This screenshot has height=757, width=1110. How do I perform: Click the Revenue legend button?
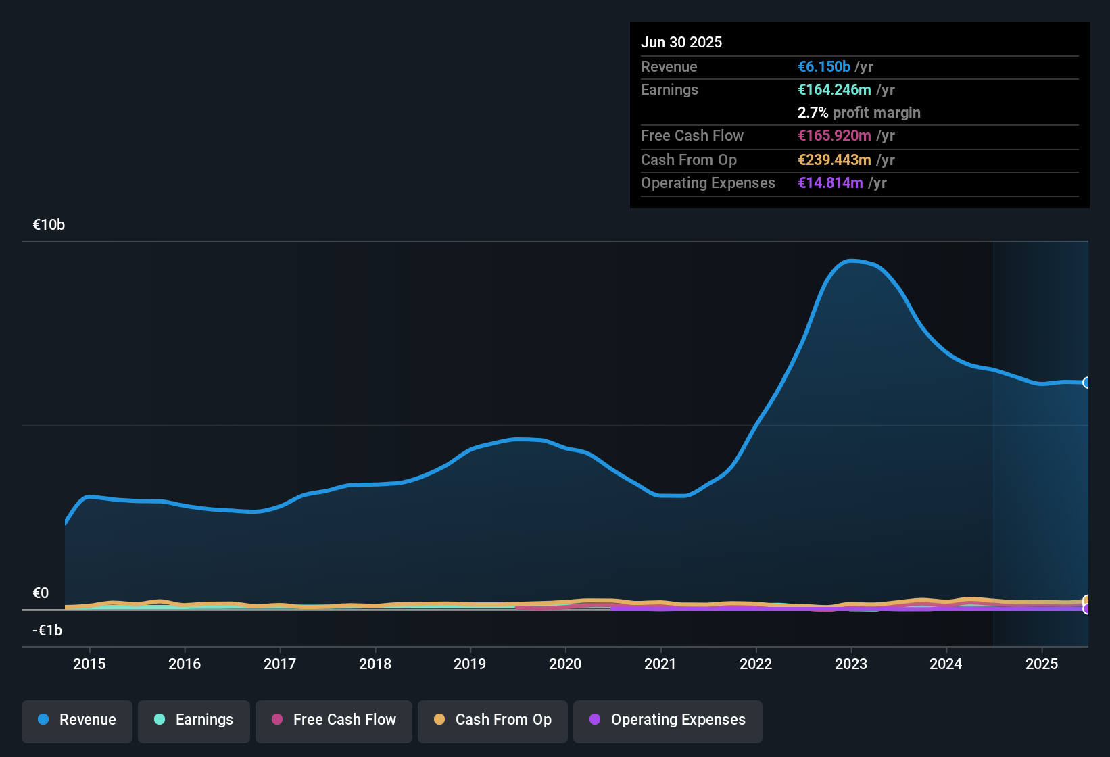[77, 720]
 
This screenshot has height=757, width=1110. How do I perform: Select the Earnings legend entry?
[194, 720]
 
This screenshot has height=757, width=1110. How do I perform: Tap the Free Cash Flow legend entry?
[334, 720]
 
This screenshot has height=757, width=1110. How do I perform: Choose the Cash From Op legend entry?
[493, 720]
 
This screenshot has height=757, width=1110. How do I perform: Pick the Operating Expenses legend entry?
[668, 720]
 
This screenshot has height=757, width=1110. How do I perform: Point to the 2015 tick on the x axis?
[89, 664]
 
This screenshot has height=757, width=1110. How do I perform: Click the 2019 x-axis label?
[470, 664]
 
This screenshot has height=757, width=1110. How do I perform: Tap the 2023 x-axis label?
[851, 664]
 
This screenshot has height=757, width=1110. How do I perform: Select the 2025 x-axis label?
[1042, 664]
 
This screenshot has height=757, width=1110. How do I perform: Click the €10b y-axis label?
[49, 225]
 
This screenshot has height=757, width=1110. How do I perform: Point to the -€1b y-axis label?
[47, 631]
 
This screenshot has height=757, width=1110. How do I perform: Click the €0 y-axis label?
[41, 593]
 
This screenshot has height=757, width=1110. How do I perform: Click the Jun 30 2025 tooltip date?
[681, 42]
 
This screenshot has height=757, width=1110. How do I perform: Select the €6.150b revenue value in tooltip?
[824, 66]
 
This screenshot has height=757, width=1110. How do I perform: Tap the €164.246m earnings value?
[834, 89]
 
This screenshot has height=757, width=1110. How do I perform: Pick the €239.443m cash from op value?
[834, 160]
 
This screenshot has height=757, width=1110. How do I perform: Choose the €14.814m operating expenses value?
[830, 182]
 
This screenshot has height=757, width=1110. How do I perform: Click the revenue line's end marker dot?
[1087, 383]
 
